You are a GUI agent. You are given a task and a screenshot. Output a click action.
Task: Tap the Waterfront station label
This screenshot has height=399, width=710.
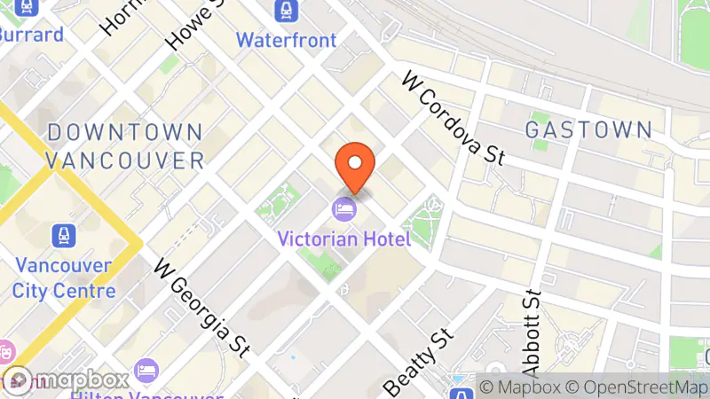(287, 40)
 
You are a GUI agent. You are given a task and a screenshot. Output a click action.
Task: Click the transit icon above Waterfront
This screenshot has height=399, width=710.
(287, 11)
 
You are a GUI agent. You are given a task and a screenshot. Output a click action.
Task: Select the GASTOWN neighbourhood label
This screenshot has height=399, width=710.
(588, 129)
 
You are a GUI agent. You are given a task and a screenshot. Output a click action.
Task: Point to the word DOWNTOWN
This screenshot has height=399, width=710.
(125, 132)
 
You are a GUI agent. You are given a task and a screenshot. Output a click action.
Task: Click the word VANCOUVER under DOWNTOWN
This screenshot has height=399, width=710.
(125, 160)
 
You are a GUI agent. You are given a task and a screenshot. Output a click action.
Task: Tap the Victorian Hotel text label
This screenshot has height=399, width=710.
(343, 239)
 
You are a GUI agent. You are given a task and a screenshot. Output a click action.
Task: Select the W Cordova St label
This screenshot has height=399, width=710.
(453, 119)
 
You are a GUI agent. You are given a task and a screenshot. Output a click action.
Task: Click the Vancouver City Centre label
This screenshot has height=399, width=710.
(64, 278)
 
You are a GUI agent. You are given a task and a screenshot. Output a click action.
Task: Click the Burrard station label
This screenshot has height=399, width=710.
(31, 35)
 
